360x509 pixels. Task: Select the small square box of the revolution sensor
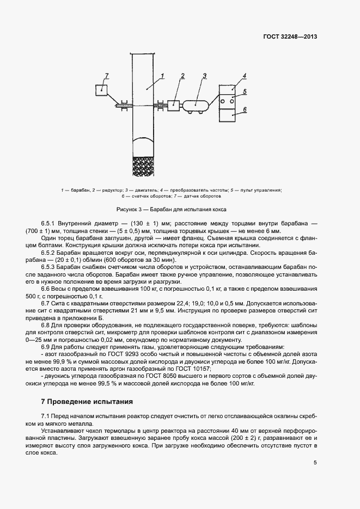click(x=101, y=89)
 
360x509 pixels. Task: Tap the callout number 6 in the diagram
click(x=245, y=109)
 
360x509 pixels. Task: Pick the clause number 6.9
click(x=45, y=346)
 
